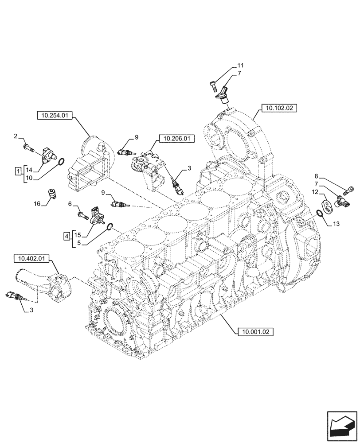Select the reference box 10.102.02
click(281, 108)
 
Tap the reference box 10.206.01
click(176, 139)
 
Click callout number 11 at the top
click(240, 65)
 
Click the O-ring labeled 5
click(110, 228)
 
